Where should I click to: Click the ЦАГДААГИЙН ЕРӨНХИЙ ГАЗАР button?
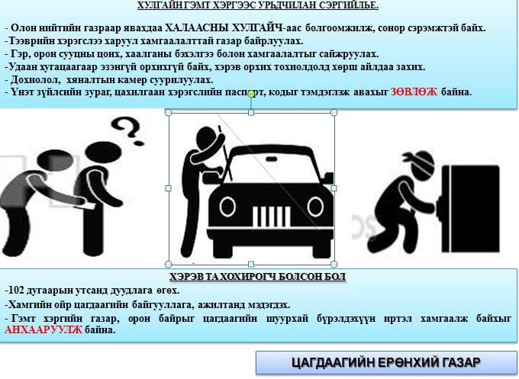(386, 362)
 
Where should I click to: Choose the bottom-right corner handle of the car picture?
(334, 262)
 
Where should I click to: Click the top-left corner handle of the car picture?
(169, 113)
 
